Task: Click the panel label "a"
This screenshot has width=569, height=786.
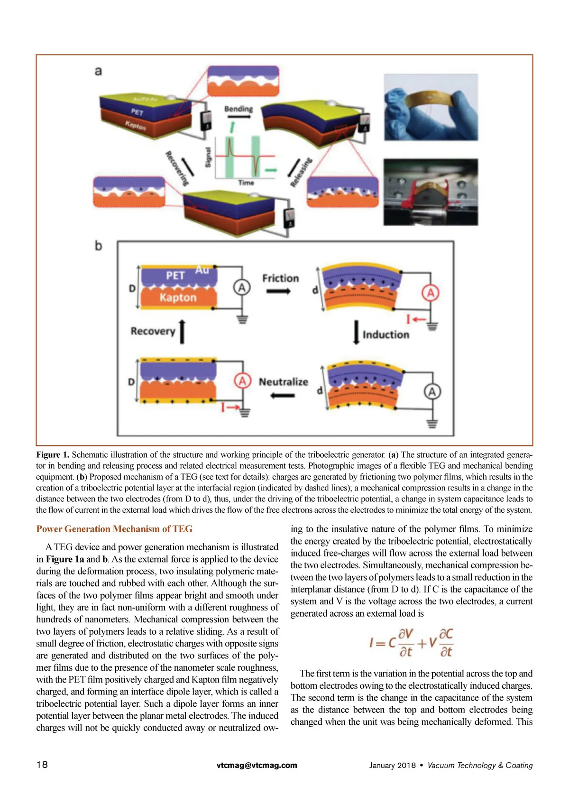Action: [98, 71]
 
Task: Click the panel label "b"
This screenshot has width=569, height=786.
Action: [98, 246]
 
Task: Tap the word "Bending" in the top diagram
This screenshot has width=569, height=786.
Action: [238, 109]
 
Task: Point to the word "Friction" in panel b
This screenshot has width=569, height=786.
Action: [280, 278]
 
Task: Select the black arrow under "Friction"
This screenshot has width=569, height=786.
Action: [278, 291]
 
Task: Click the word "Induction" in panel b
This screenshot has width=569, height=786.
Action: [385, 335]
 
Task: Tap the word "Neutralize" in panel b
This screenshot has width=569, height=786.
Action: [283, 382]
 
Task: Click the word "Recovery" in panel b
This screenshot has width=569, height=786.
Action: [153, 331]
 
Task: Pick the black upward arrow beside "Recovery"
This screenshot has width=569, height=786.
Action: [183, 331]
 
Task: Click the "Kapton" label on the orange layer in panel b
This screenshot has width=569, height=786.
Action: [178, 297]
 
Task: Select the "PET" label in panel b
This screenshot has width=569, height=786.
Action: [175, 276]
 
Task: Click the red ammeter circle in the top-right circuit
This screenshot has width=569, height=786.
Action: [431, 293]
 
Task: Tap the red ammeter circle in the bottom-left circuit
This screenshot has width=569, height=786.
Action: [242, 381]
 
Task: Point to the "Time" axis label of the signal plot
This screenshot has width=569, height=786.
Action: [246, 183]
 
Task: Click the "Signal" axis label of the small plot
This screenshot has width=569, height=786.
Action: [208, 157]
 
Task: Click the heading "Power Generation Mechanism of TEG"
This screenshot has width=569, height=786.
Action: [114, 529]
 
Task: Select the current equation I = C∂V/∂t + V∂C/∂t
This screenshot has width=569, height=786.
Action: [411, 643]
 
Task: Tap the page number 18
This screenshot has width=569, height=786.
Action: [42, 764]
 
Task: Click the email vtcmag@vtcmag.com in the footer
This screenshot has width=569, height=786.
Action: [257, 765]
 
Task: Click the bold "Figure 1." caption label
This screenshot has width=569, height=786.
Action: [53, 454]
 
